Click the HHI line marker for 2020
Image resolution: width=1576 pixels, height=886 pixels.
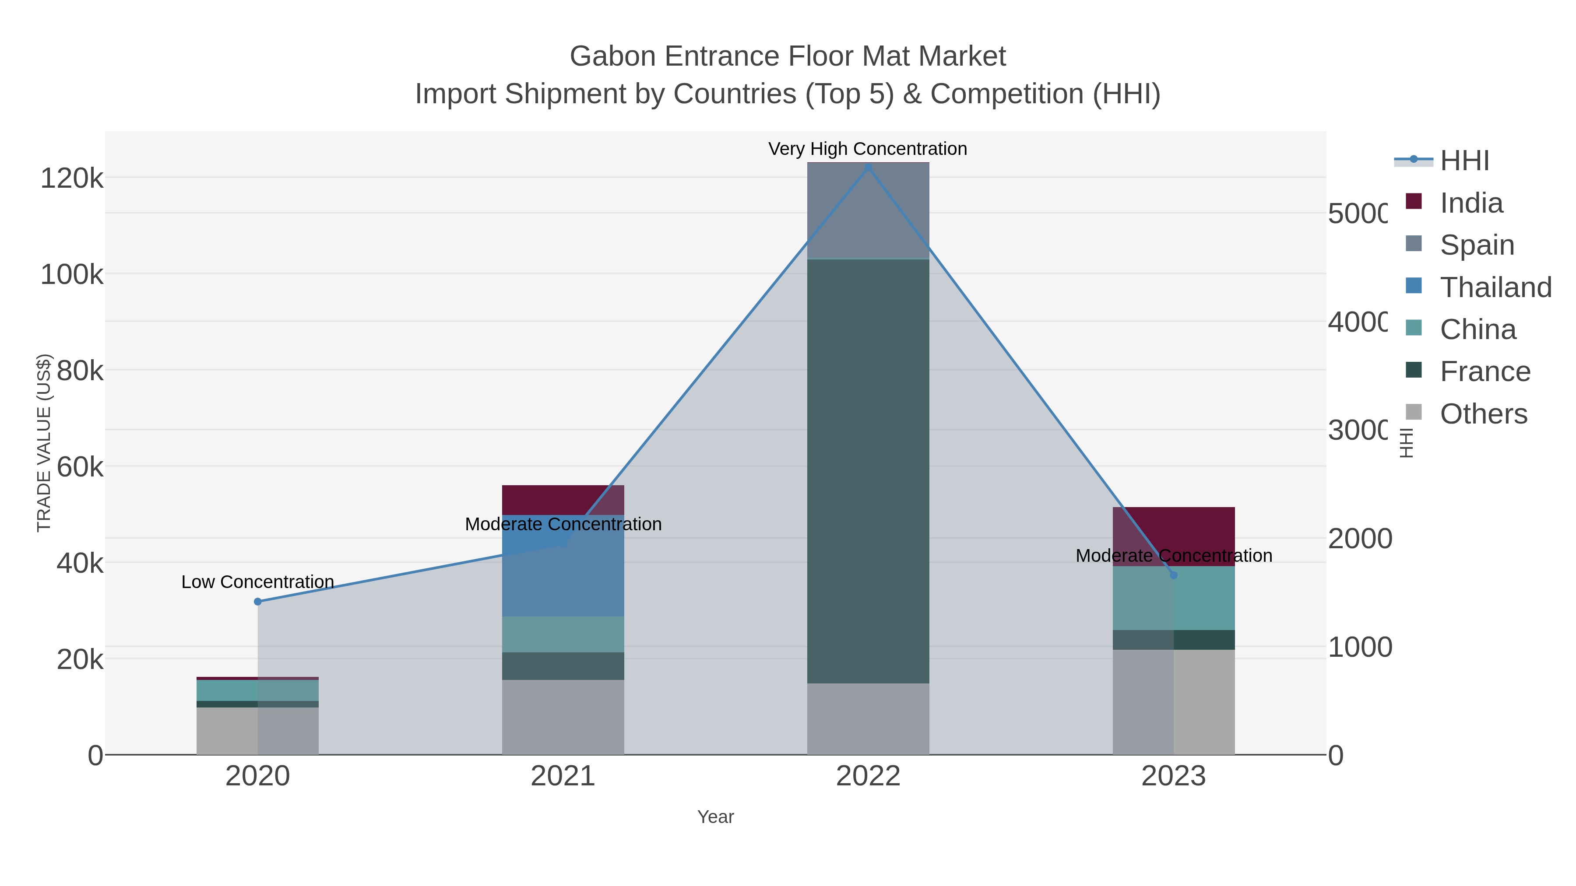(x=257, y=602)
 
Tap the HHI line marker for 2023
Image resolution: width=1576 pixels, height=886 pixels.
(x=1173, y=575)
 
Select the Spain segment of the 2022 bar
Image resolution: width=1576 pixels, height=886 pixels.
(x=868, y=211)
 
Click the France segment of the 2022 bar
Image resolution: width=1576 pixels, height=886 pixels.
(x=868, y=471)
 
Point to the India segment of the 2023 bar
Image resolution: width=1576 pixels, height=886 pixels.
(x=1173, y=536)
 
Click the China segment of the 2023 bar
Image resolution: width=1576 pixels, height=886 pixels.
(x=1173, y=598)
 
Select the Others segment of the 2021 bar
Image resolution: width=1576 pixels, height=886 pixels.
(x=563, y=717)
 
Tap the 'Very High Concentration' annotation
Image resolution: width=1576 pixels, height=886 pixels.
(x=868, y=149)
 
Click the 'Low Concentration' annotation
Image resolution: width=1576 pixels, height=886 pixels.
(x=257, y=581)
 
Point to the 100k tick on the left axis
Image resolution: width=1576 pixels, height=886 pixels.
(x=72, y=274)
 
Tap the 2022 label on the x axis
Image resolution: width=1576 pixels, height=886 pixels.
(x=868, y=777)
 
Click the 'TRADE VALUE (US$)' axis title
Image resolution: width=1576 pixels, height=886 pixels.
(x=44, y=443)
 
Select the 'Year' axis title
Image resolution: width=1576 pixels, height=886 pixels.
(x=715, y=817)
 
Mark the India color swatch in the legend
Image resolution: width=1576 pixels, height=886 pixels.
(x=1414, y=201)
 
